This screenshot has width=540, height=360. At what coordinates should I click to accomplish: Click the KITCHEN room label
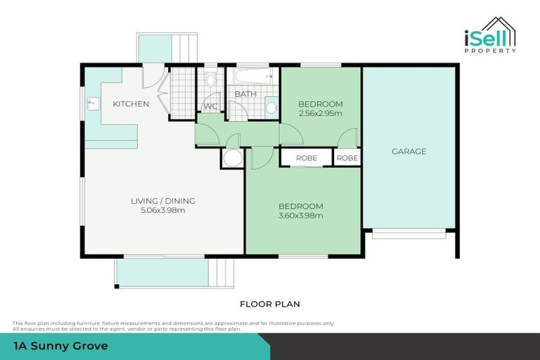pos(131,104)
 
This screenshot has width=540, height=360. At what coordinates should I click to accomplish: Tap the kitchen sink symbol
pos(92,105)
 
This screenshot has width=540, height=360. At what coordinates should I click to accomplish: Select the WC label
pos(210,107)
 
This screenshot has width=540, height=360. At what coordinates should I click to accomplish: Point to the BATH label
pos(245,94)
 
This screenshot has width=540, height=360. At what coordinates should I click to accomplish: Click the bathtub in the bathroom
pos(252,75)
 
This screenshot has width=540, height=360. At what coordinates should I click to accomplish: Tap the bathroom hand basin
pos(271,108)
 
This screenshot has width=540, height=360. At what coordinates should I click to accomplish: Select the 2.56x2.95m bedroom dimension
pos(320,113)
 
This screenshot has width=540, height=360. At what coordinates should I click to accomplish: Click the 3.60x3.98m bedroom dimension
pos(301,215)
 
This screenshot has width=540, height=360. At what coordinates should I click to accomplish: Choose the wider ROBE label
pos(306,158)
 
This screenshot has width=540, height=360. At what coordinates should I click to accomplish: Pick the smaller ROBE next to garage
pos(347,158)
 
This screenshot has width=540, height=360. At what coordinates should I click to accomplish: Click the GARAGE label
pos(409,151)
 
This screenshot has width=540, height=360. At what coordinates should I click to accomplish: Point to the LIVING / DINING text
pos(163,201)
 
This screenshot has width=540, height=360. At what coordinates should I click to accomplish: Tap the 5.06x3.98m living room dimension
pos(163,210)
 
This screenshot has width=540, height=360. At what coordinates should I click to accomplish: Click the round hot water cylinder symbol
pos(232,158)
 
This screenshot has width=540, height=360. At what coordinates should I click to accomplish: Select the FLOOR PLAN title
pos(270,304)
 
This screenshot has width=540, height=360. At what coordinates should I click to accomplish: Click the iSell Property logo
pos(489,34)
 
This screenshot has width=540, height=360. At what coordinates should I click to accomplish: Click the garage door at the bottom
pos(409,234)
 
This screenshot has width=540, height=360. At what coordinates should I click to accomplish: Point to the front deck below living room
pos(163,272)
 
